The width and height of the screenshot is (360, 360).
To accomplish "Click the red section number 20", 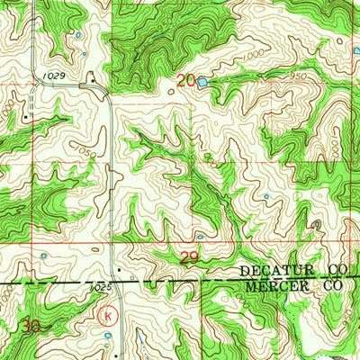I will click(x=185, y=81).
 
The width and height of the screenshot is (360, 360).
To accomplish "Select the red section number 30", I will click(x=33, y=328).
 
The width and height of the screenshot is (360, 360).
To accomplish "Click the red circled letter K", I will click(x=108, y=316).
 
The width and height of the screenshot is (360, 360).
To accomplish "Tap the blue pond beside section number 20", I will click(x=202, y=82).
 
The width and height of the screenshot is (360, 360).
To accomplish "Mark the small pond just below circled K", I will click(x=108, y=337).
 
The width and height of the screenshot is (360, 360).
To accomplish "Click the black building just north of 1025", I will click(x=116, y=270).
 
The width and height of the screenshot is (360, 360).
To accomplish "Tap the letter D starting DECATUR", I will click(x=244, y=270).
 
